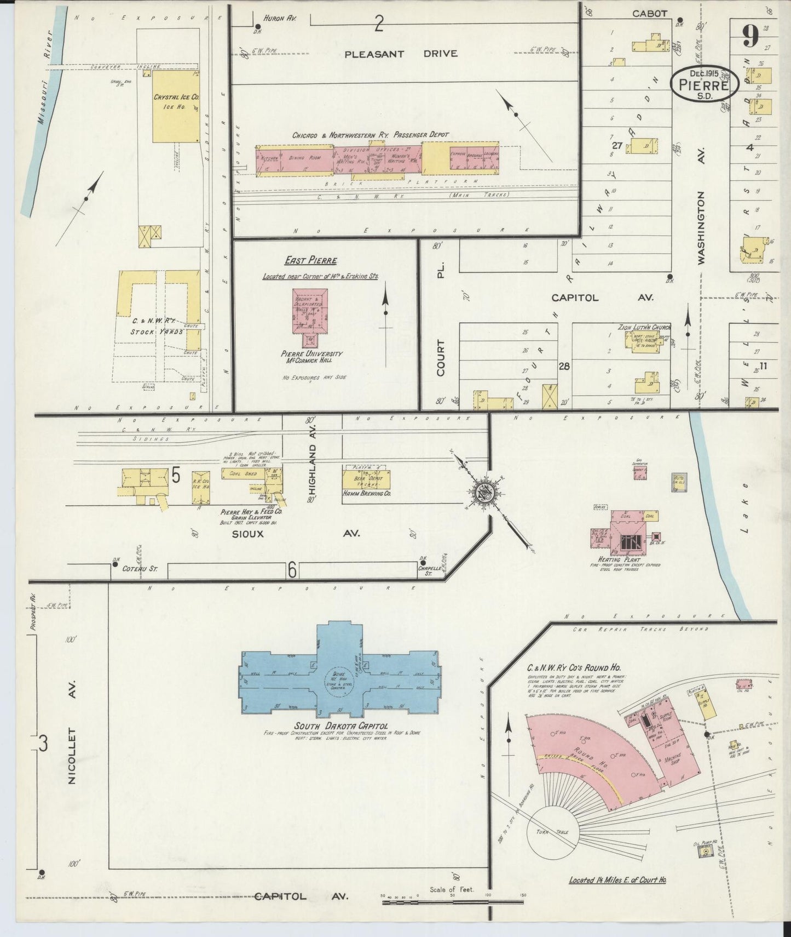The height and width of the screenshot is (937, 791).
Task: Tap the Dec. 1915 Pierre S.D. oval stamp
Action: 705,84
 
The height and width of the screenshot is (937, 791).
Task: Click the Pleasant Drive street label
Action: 401,54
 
